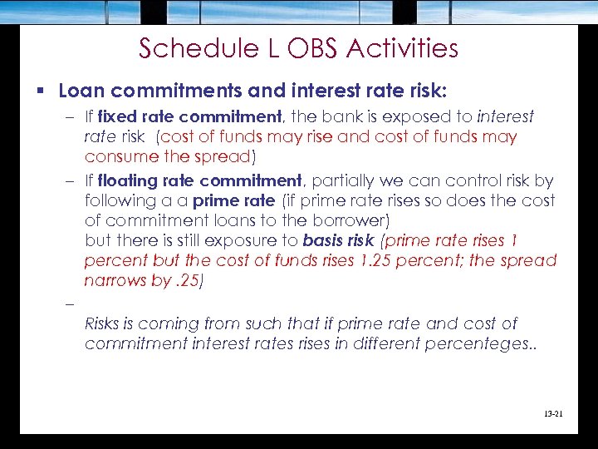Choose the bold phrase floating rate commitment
point(200,180)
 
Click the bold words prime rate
point(233,200)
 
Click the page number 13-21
point(550,410)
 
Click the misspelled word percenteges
point(479,343)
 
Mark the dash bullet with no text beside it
point(67,303)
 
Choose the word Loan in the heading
point(80,90)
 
